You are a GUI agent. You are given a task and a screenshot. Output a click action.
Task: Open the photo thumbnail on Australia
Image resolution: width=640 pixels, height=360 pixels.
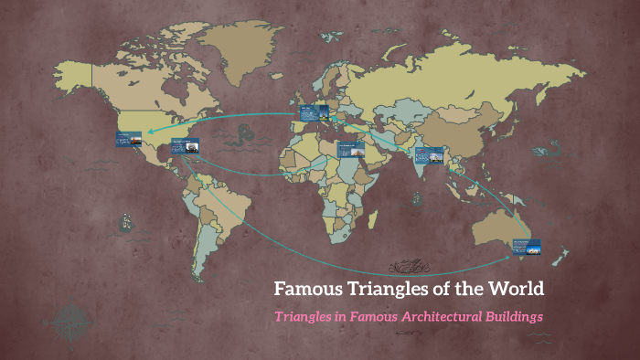pos(526,247)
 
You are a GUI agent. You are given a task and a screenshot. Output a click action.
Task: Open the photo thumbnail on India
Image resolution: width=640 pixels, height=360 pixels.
pos(429,155)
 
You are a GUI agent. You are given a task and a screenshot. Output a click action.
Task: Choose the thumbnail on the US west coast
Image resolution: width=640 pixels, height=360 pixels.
pos(127,139)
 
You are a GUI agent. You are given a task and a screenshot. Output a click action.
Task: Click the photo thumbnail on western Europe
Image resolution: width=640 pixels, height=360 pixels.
pos(313,114)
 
